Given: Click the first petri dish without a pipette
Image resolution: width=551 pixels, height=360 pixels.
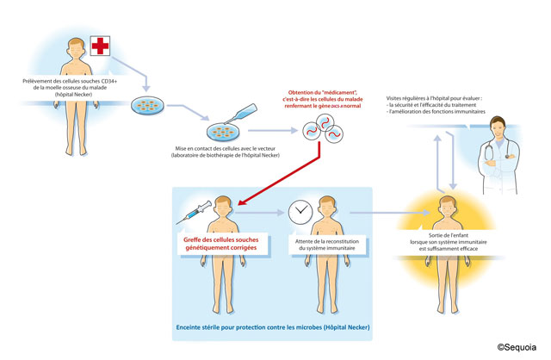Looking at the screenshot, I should (146, 107).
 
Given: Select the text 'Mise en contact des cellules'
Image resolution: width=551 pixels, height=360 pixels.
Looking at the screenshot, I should (222, 148).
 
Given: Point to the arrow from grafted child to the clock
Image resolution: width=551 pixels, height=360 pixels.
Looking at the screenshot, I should (268, 212).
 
